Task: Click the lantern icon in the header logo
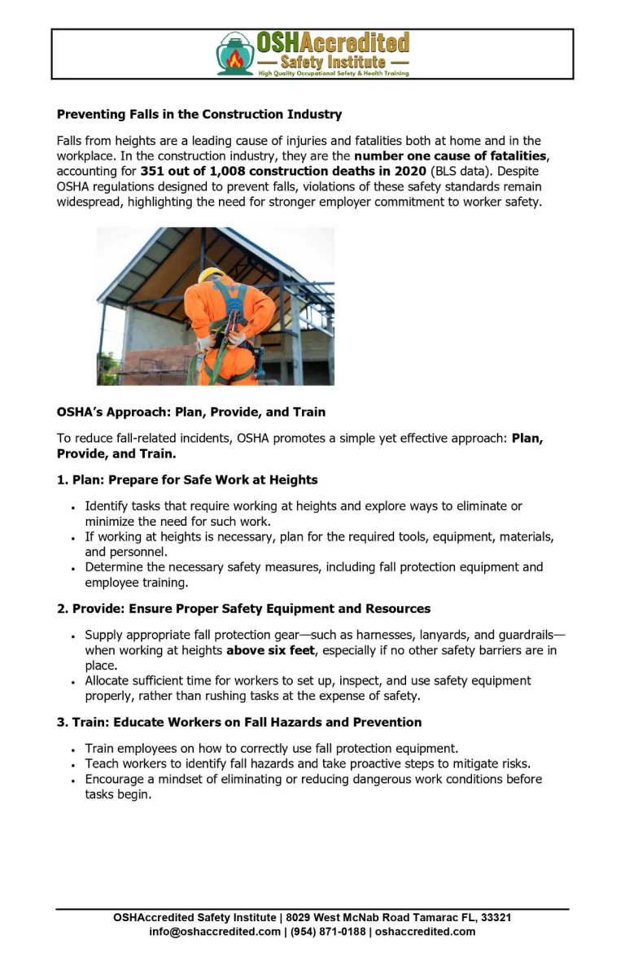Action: [235, 55]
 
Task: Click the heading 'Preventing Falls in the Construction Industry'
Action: [199, 114]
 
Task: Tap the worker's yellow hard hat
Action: [211, 275]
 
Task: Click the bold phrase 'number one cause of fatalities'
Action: [450, 155]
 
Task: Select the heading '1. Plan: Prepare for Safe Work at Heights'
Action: [187, 479]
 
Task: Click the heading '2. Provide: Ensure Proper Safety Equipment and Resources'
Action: [243, 608]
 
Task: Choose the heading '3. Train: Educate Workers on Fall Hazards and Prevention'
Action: [239, 722]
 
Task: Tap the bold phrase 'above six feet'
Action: [270, 650]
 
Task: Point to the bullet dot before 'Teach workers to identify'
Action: [73, 765]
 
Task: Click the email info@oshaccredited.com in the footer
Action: [215, 931]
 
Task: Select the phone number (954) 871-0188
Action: [328, 931]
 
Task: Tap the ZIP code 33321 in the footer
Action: [496, 917]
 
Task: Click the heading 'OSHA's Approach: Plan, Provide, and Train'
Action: [191, 412]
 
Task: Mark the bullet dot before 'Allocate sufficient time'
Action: [73, 681]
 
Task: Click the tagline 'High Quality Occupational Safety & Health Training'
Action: [334, 73]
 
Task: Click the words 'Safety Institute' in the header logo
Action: [333, 62]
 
